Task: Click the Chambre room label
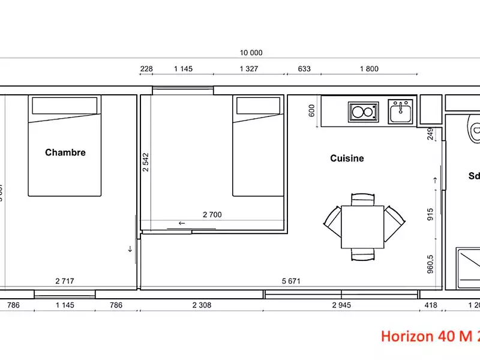pyautogui.click(x=65, y=152)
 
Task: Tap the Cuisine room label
pyautogui.click(x=347, y=158)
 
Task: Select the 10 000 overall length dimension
pyautogui.click(x=251, y=53)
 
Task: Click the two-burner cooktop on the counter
pyautogui.click(x=363, y=112)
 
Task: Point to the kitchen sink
pyautogui.click(x=400, y=112)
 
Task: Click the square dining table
pyautogui.click(x=362, y=227)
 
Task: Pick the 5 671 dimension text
pyautogui.click(x=291, y=281)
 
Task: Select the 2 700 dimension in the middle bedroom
pyautogui.click(x=213, y=214)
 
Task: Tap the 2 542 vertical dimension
pyautogui.click(x=146, y=162)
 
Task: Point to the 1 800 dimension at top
pyautogui.click(x=369, y=69)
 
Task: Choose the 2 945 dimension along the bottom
pyautogui.click(x=341, y=305)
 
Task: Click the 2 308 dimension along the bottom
pyautogui.click(x=202, y=305)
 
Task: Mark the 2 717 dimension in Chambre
pyautogui.click(x=64, y=281)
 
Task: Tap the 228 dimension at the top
pyautogui.click(x=146, y=69)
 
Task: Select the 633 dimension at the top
pyautogui.click(x=304, y=69)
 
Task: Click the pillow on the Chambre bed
pyautogui.click(x=64, y=106)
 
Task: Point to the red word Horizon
pyautogui.click(x=406, y=336)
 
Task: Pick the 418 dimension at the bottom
pyautogui.click(x=431, y=305)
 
